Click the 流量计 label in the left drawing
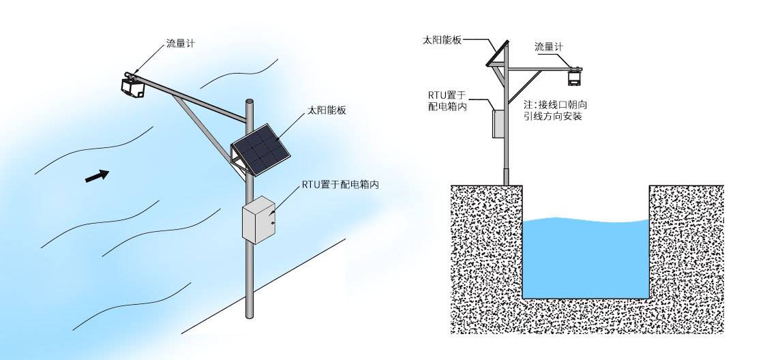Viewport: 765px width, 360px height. [x=181, y=44]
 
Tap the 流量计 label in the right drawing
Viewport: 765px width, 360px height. [x=550, y=47]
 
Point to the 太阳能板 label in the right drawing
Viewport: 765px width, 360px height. [x=442, y=40]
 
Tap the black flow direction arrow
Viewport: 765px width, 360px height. [x=97, y=175]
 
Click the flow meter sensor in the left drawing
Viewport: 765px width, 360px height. [x=133, y=85]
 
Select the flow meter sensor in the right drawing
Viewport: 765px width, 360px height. [x=576, y=73]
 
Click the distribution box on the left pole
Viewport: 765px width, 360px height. [x=258, y=220]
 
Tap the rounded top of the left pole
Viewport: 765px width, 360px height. [x=250, y=103]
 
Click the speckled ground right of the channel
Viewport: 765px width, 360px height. [x=685, y=259]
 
